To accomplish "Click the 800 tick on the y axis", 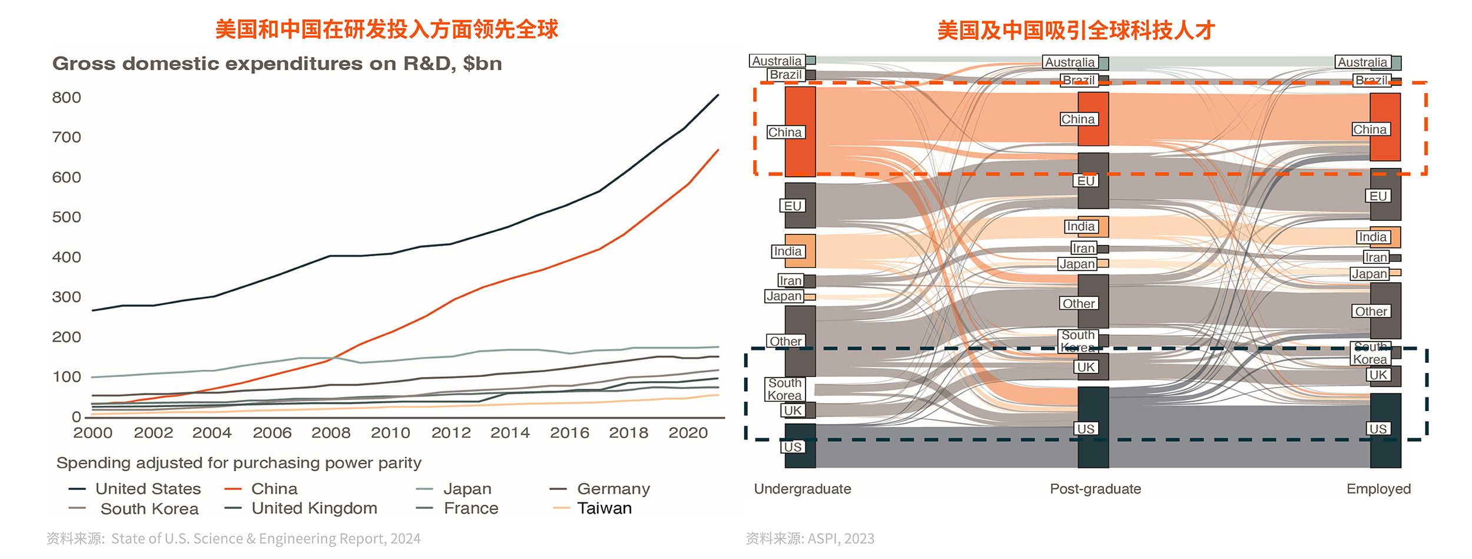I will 67,98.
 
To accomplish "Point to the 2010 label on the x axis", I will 390,433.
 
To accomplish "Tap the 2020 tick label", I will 688,433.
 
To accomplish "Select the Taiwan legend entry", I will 604,508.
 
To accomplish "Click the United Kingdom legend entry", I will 314,508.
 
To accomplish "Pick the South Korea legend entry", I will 149,509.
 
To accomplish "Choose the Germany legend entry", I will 613,489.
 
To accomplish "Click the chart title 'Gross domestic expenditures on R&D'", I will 277,64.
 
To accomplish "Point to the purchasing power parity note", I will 238,463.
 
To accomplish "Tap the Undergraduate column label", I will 803,489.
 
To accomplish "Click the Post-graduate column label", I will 1095,489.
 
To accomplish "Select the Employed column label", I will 1378,489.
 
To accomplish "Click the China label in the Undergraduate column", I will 785,133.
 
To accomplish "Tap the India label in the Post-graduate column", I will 1080,227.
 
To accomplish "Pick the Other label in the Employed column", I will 1371,312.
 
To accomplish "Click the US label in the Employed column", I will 1378,429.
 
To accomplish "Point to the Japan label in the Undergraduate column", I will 784,296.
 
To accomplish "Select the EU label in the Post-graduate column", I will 1086,181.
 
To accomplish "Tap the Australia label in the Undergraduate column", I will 777,61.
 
